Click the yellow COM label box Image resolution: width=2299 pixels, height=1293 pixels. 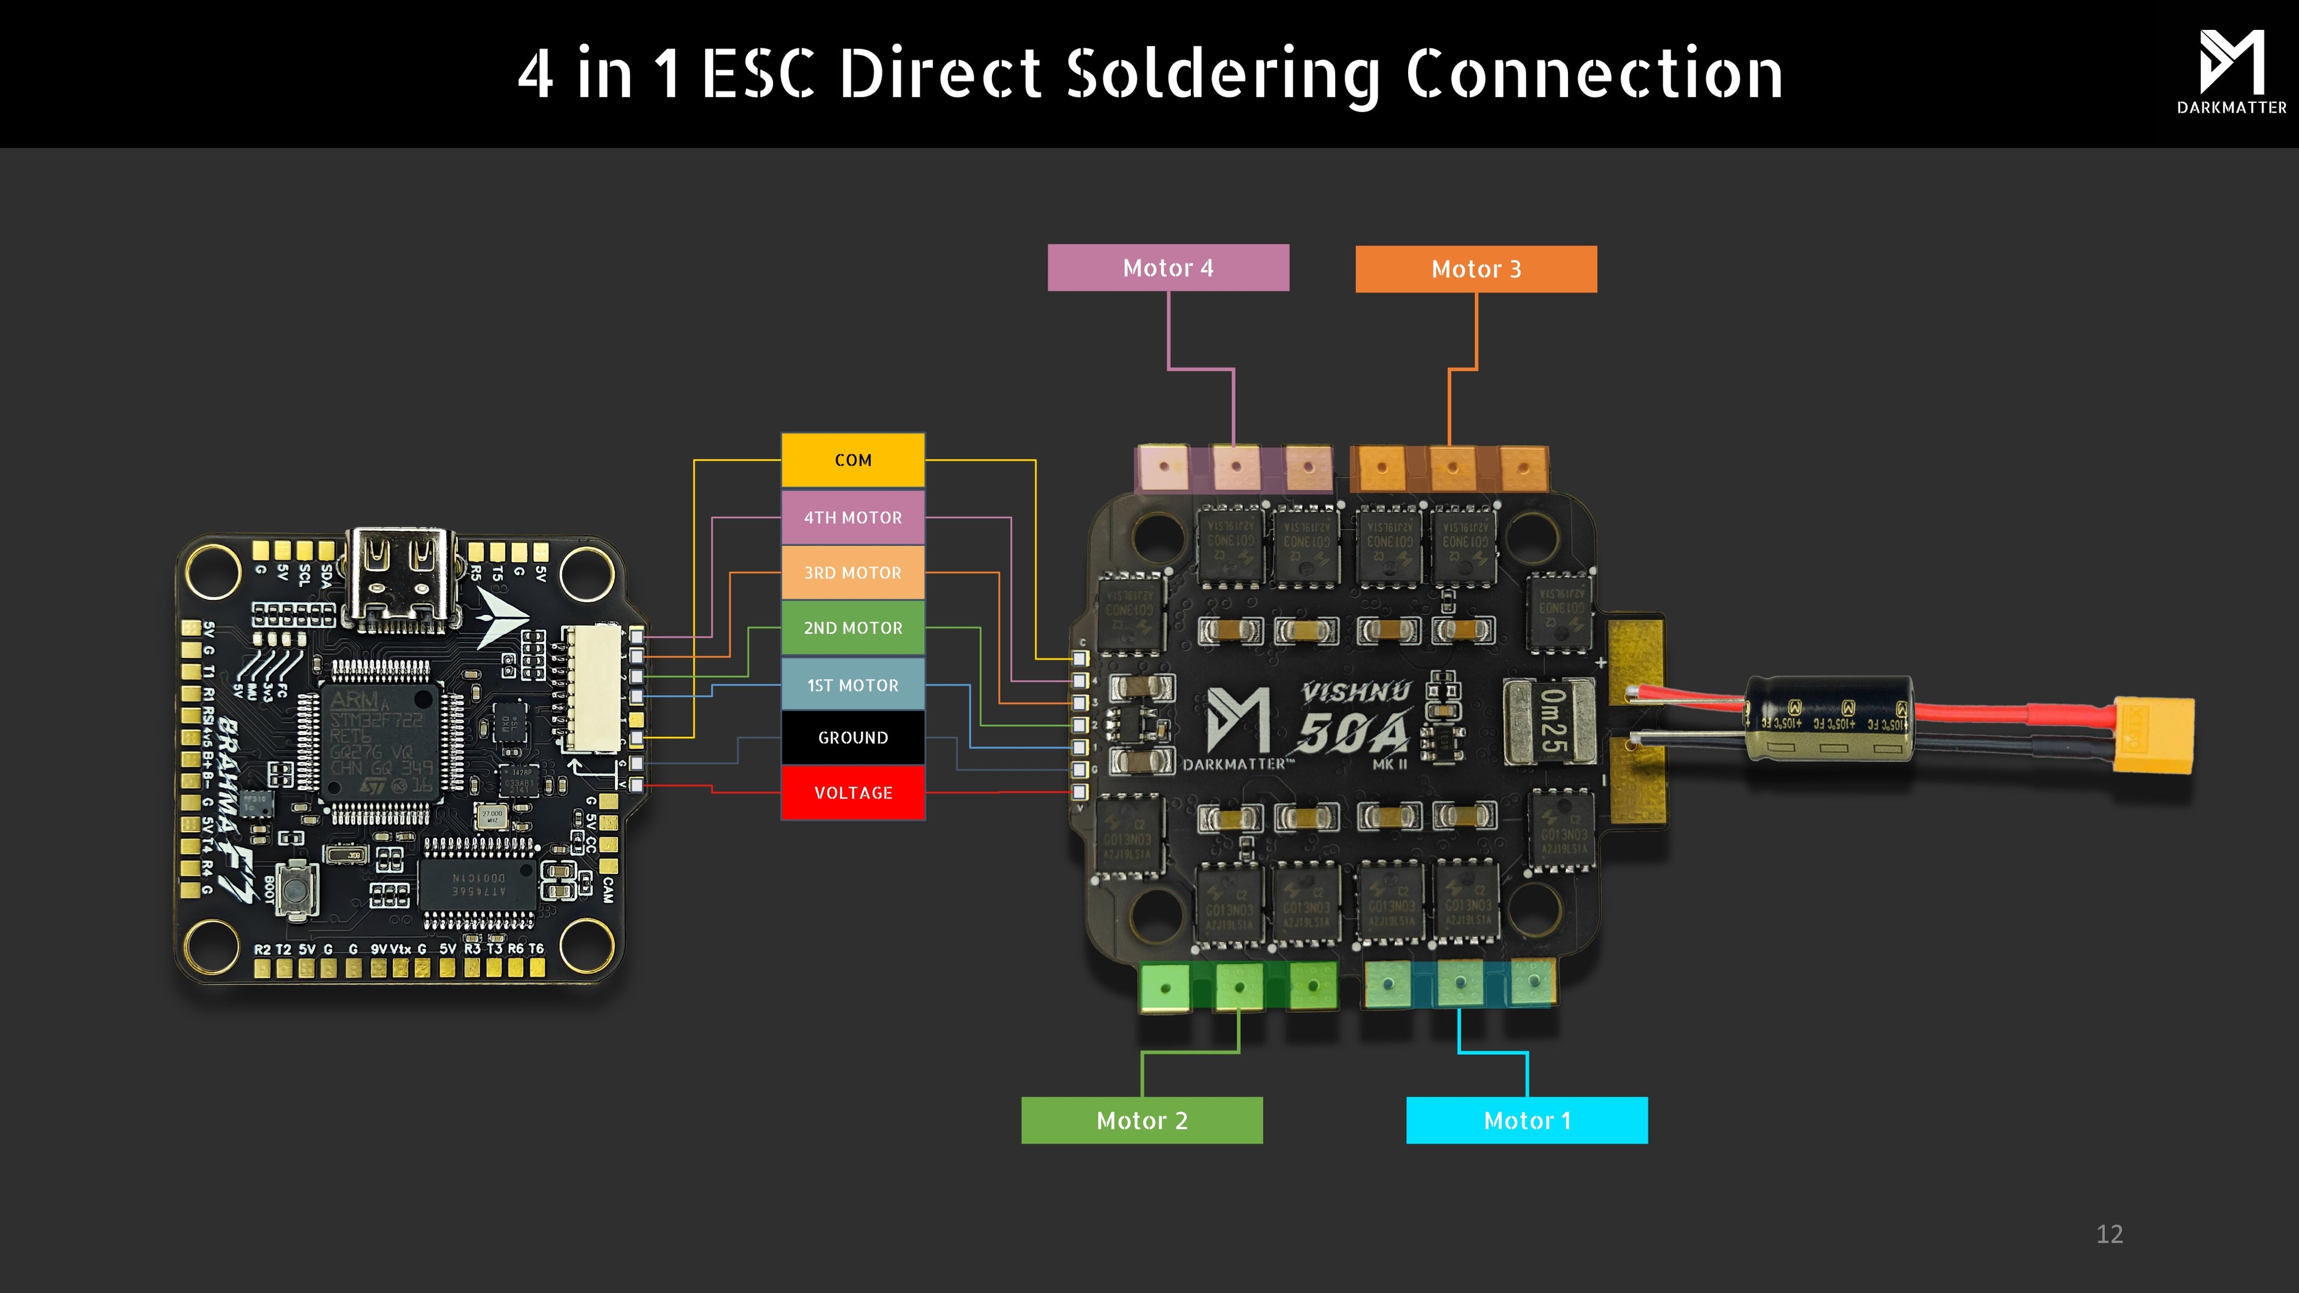pyautogui.click(x=853, y=460)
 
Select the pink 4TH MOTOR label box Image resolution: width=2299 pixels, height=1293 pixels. pyautogui.click(x=853, y=517)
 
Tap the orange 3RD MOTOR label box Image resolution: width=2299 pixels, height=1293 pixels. pyautogui.click(x=853, y=572)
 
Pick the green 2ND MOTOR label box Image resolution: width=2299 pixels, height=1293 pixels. pyautogui.click(x=853, y=627)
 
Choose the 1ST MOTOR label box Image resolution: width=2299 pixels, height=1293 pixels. pyautogui.click(x=853, y=684)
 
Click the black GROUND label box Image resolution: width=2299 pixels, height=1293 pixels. pyautogui.click(x=853, y=737)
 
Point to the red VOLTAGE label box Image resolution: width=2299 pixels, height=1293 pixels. pyautogui.click(x=853, y=793)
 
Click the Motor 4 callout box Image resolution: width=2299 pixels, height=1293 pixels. pyautogui.click(x=1167, y=268)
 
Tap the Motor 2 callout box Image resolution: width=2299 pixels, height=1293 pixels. pyautogui.click(x=1142, y=1120)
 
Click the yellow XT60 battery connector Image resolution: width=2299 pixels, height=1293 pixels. pyautogui.click(x=2153, y=735)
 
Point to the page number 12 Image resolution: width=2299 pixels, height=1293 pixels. pyautogui.click(x=2109, y=1234)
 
